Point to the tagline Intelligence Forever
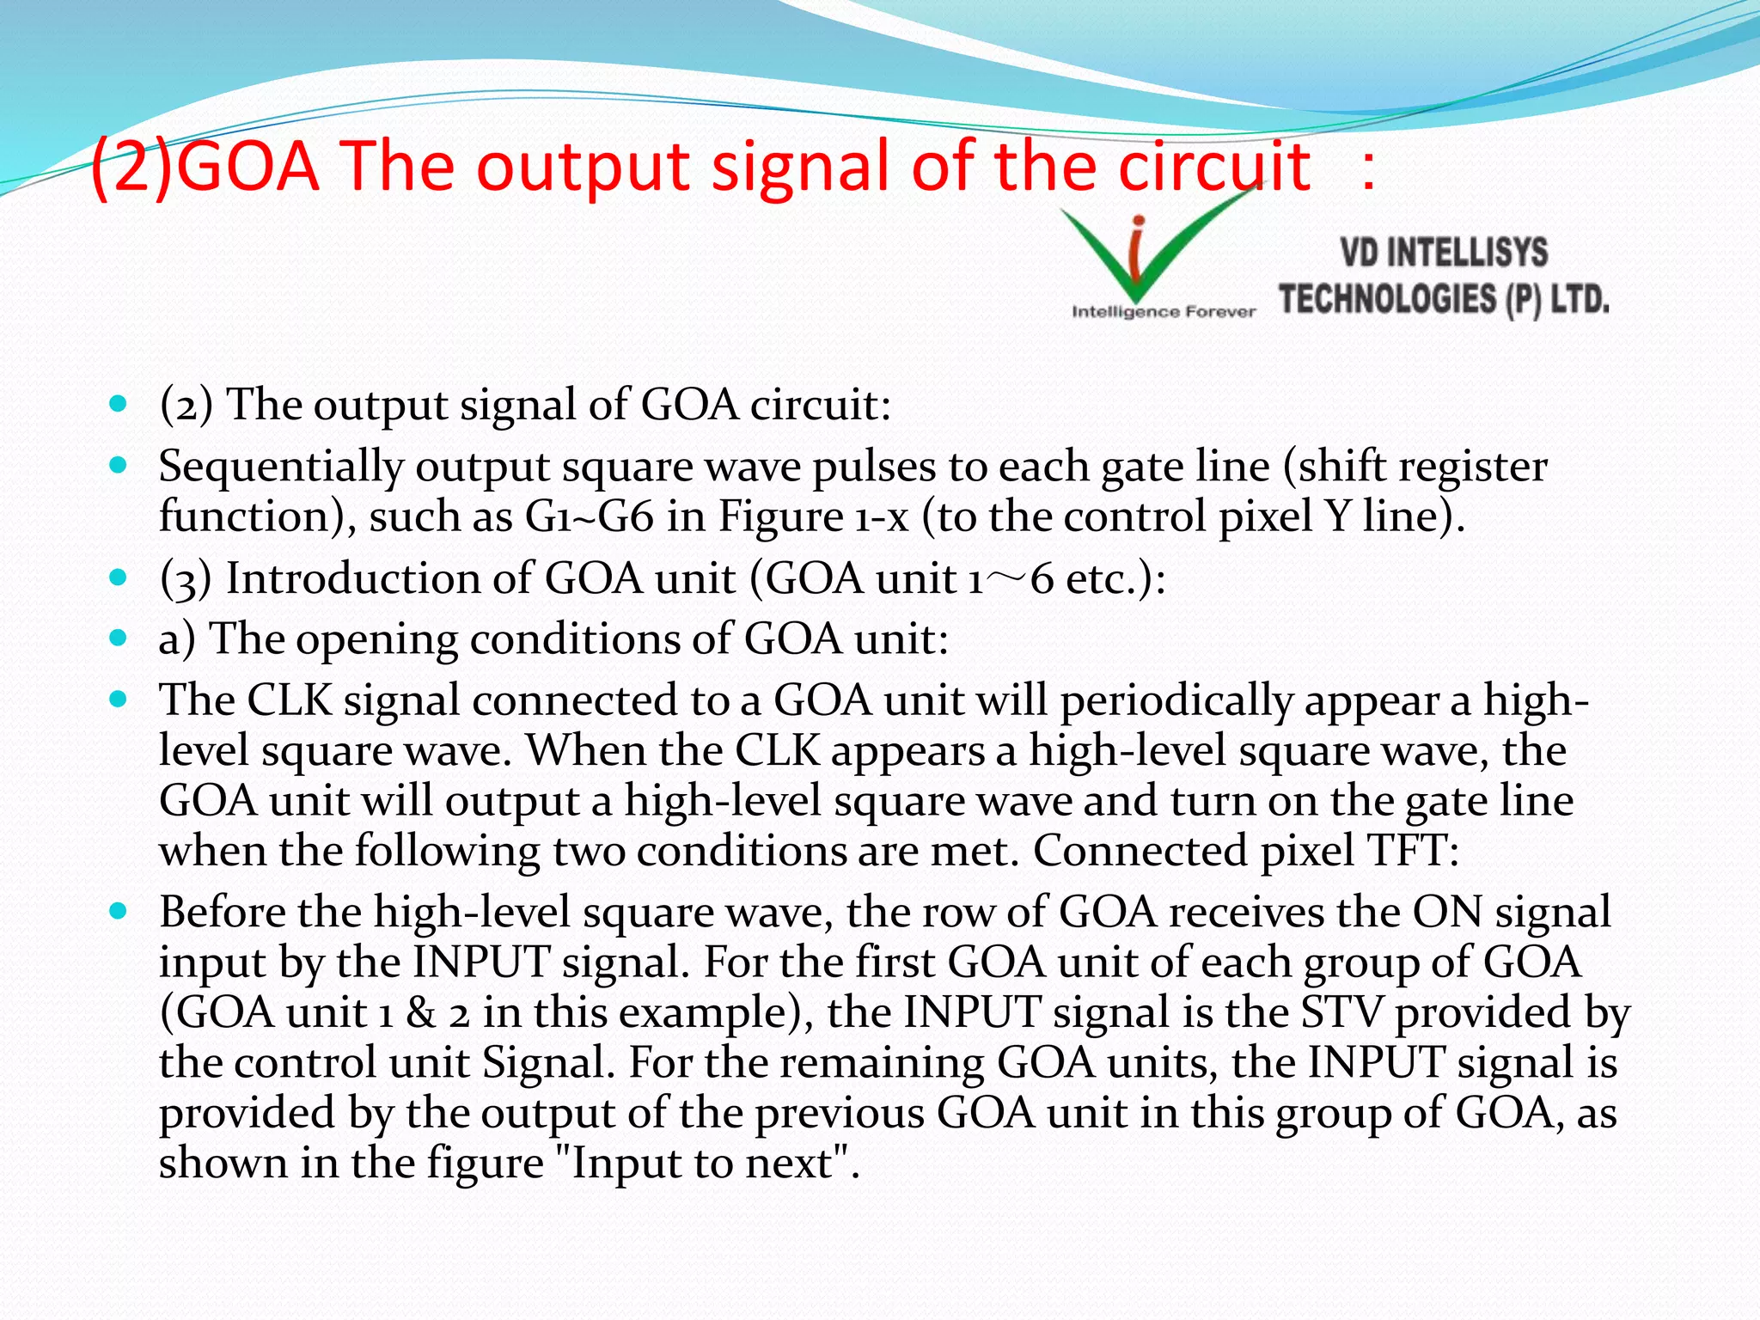(1163, 312)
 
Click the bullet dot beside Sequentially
(119, 466)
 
